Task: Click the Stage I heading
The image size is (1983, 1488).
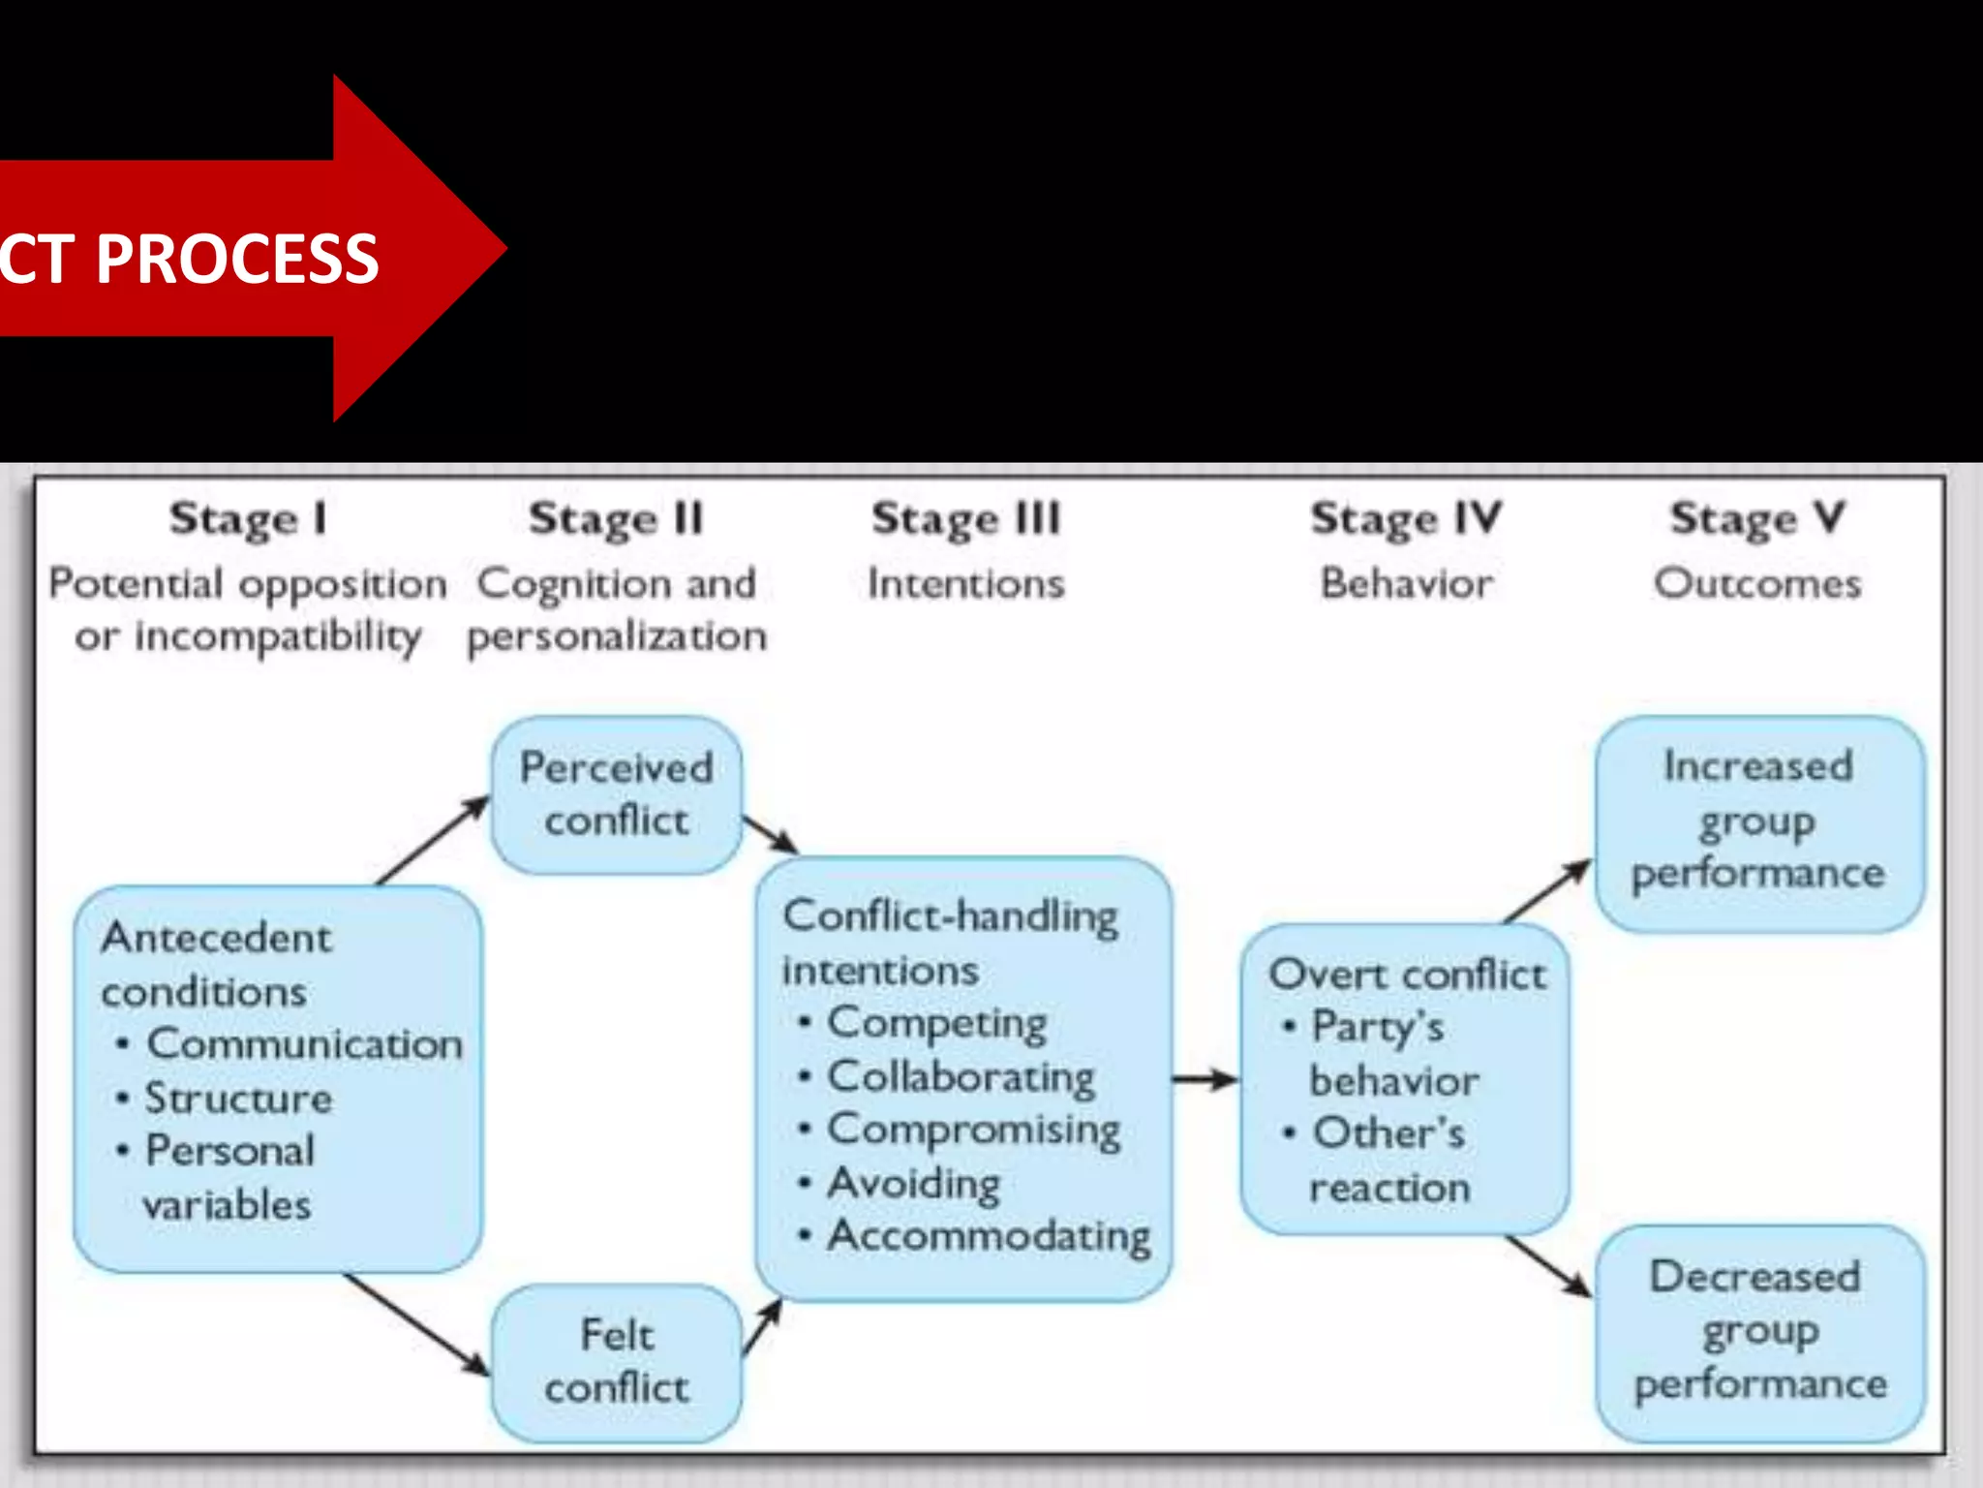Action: pyautogui.click(x=248, y=519)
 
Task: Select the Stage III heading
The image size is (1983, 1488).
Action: pyautogui.click(x=966, y=519)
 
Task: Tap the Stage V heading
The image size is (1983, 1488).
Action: pyautogui.click(x=1756, y=519)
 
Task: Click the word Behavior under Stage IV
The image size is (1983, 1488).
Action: pyautogui.click(x=1406, y=584)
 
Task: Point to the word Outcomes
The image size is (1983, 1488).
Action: pyautogui.click(x=1756, y=584)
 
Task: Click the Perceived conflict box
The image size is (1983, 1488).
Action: pyautogui.click(x=617, y=795)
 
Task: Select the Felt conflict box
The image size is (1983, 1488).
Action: pyautogui.click(x=617, y=1362)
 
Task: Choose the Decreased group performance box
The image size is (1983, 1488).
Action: pyautogui.click(x=1758, y=1332)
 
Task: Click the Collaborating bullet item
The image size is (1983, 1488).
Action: pyautogui.click(x=960, y=1077)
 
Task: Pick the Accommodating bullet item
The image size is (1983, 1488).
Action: pyautogui.click(x=988, y=1236)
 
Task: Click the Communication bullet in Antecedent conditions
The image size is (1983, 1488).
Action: pyautogui.click(x=304, y=1044)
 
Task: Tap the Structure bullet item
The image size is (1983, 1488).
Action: pyautogui.click(x=238, y=1099)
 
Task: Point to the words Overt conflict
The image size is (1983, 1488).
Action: pyautogui.click(x=1406, y=975)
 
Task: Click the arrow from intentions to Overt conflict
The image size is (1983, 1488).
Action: pyautogui.click(x=1205, y=1079)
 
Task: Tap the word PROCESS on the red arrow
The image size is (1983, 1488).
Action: pyautogui.click(x=237, y=260)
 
